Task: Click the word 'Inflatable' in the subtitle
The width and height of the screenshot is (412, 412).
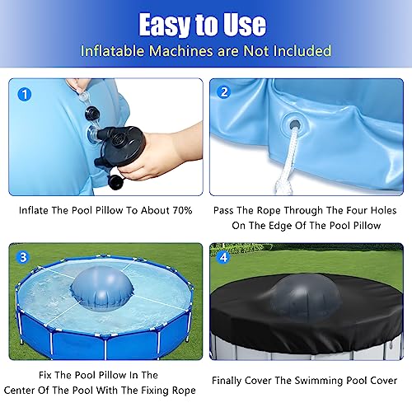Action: click(x=112, y=51)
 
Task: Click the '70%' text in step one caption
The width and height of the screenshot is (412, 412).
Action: click(x=177, y=210)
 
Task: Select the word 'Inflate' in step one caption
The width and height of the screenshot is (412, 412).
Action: click(x=36, y=210)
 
